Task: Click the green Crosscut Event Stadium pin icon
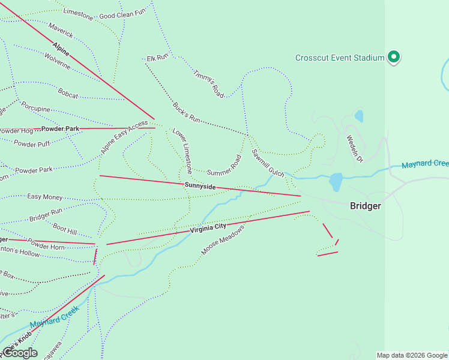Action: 394,57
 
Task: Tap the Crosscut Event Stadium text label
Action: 339,58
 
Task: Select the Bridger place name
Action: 366,206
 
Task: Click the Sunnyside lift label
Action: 200,187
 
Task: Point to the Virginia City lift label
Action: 208,228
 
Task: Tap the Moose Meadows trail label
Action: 223,240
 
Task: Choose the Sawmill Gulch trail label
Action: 268,163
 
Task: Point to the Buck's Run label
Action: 186,112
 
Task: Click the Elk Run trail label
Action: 157,58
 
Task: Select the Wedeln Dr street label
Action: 355,148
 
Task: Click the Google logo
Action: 20,353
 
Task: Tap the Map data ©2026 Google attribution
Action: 411,355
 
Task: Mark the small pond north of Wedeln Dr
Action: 359,116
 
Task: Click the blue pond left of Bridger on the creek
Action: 336,181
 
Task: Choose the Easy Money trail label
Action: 45,197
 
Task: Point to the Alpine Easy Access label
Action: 124,137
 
